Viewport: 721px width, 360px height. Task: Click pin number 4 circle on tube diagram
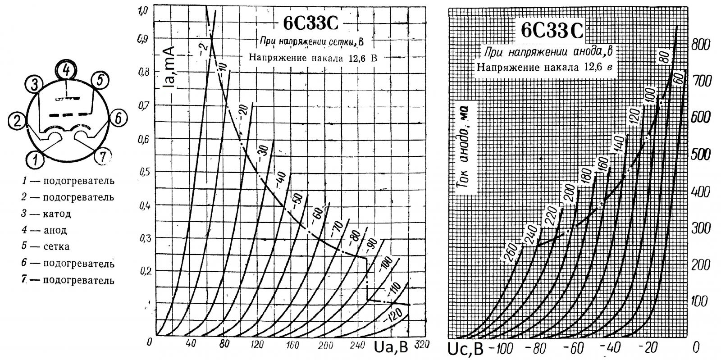click(66, 70)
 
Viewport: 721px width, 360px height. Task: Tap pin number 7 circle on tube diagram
click(103, 157)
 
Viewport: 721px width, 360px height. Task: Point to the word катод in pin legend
click(57, 214)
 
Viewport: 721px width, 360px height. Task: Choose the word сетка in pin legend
click(57, 246)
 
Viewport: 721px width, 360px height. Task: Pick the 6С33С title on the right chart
click(551, 30)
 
